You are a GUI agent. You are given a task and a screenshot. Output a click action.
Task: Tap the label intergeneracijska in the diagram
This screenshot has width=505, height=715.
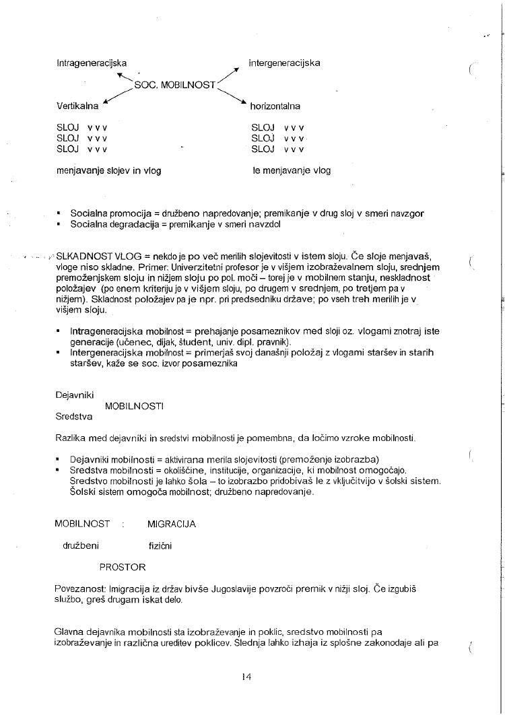pyautogui.click(x=284, y=63)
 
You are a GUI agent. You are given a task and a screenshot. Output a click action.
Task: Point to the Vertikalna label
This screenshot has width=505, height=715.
pyautogui.click(x=77, y=106)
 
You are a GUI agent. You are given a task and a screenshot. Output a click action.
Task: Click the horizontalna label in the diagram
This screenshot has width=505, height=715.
pyautogui.click(x=275, y=106)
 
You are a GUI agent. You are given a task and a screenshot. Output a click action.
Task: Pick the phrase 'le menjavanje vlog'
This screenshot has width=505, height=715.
pyautogui.click(x=292, y=170)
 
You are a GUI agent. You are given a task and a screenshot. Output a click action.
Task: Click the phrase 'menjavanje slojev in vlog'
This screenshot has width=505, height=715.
pyautogui.click(x=108, y=170)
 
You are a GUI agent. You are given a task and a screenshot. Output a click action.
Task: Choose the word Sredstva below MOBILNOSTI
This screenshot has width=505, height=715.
pyautogui.click(x=73, y=417)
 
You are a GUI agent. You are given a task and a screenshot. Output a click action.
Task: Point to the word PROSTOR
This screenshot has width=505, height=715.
pyautogui.click(x=123, y=567)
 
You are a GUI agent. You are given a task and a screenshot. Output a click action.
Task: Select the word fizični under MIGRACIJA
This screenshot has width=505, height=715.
pyautogui.click(x=160, y=545)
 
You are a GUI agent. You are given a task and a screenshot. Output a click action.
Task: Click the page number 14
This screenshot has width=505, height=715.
pyautogui.click(x=246, y=677)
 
